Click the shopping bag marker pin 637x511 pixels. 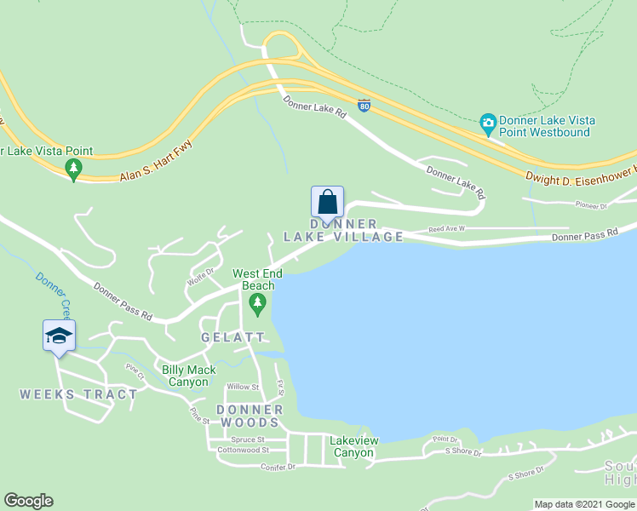point(327,202)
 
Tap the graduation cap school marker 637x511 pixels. point(59,336)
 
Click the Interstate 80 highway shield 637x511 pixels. point(364,106)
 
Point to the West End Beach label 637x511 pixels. point(254,279)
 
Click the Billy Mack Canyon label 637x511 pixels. point(186,376)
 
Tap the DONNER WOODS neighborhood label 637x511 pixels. point(248,416)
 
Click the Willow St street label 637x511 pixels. point(243,387)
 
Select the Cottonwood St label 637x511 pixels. point(243,450)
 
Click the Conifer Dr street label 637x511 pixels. point(279,467)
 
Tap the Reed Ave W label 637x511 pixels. point(447,229)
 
